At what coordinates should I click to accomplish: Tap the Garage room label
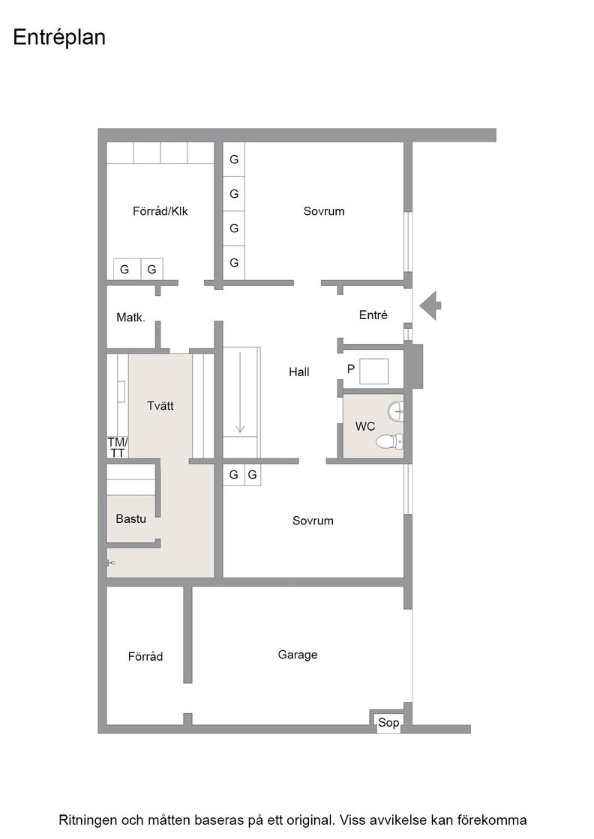297,655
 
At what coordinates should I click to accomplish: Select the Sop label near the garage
388,723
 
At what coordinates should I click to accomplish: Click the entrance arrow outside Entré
430,306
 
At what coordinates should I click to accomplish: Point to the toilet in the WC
389,441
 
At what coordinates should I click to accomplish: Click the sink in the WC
396,411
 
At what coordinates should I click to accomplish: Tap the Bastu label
130,518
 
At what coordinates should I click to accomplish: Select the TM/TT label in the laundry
117,448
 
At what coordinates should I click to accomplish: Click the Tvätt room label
160,405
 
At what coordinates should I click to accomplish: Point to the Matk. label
130,318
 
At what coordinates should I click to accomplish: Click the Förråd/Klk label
160,211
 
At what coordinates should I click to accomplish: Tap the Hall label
298,372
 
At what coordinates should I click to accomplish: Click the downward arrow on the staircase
240,393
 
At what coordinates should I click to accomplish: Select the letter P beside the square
351,369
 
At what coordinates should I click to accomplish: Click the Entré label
373,315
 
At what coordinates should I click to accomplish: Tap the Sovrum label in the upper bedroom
323,211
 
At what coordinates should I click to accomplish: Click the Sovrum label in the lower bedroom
313,521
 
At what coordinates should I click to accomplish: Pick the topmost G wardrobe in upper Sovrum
234,160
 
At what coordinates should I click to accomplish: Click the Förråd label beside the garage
145,656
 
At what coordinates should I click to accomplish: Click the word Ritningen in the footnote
87,820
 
